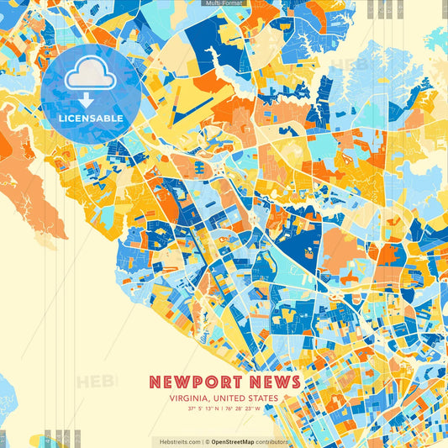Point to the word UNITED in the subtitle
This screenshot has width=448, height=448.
point(229,399)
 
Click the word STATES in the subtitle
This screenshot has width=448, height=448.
point(263,399)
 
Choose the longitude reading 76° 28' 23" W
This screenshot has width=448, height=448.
point(243,409)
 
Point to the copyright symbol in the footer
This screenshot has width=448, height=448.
point(207,441)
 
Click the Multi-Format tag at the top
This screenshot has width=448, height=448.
point(224,3)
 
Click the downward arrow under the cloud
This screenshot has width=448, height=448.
point(87,100)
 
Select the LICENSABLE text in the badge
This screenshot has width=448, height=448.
point(91,119)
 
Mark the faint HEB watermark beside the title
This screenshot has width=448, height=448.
point(97,382)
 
